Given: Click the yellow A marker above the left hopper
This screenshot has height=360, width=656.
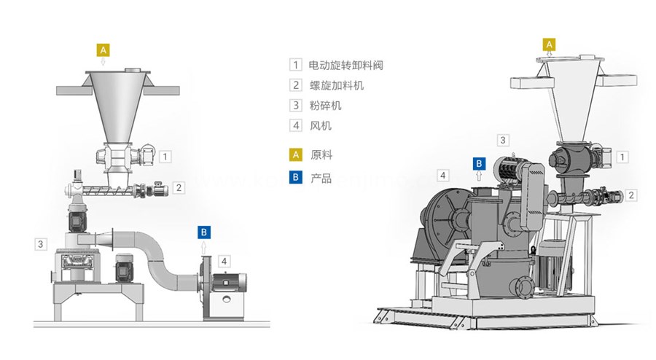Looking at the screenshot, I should (x=104, y=50).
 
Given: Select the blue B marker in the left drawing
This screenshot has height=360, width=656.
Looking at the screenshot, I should (x=205, y=232).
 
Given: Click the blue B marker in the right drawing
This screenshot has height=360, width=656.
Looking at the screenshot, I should (x=479, y=163).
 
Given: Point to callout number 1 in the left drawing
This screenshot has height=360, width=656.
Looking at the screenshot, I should (x=166, y=156).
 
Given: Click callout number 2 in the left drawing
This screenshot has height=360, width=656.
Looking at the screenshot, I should (x=179, y=187).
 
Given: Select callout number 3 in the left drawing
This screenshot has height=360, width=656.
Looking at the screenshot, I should (x=41, y=243).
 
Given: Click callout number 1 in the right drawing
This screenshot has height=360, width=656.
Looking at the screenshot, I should (x=622, y=157).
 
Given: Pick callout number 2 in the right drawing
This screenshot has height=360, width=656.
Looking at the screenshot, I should (x=631, y=195).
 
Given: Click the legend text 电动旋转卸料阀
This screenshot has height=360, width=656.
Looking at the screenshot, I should (x=346, y=65).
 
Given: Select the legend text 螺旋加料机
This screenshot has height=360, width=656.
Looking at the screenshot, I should (x=336, y=85).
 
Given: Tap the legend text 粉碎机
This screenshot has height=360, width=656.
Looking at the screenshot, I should (x=326, y=106).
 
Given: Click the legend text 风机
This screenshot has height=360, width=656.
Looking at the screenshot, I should (x=321, y=126).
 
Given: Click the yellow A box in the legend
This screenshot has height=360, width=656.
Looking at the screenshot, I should (x=295, y=155).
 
